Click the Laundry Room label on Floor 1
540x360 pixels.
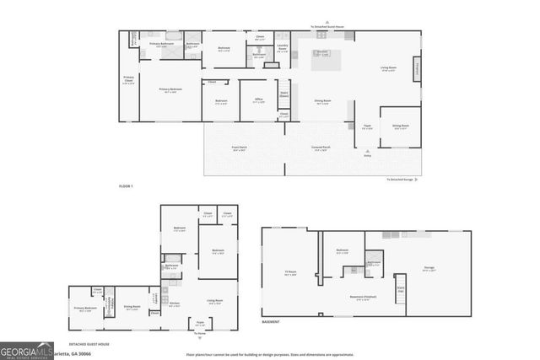coord(283,47)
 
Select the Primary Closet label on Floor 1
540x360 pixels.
coord(129,81)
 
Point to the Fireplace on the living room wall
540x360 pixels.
coord(416,67)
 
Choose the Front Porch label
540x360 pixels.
coord(240,148)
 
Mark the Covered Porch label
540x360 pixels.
coord(321,148)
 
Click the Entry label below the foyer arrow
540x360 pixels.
coord(366,156)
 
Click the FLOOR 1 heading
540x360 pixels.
coord(126,185)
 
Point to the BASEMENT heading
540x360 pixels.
coord(271,322)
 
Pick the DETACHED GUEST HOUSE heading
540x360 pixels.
coord(92,343)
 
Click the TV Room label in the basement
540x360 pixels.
coord(289,271)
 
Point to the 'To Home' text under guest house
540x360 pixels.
coord(200,335)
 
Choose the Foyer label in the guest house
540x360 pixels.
coord(200,324)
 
